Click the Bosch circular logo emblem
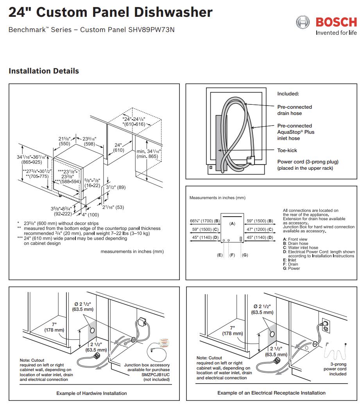303,22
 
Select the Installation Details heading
44,71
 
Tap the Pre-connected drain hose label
294,110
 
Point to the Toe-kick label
287,151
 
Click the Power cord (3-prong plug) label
308,162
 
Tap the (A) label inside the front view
232,223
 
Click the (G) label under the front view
245,255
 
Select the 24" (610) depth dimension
118,147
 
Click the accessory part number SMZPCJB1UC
156,374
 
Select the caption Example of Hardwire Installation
91,393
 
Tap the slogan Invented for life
336,33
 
